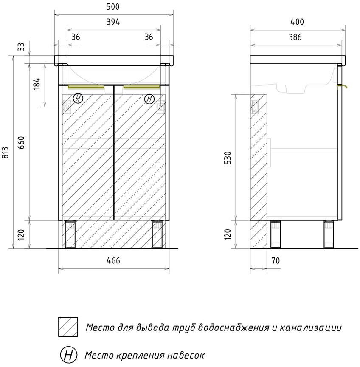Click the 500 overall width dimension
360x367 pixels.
pyautogui.click(x=113, y=7)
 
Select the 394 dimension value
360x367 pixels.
pyautogui.click(x=113, y=22)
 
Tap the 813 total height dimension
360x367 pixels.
pyautogui.click(x=5, y=152)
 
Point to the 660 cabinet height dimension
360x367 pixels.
pyautogui.click(x=21, y=143)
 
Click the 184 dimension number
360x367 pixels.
pyautogui.click(x=37, y=84)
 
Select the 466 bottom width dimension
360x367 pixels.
pyautogui.click(x=113, y=260)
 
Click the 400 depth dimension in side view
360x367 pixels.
pyautogui.click(x=297, y=22)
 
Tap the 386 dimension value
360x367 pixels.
pyautogui.click(x=295, y=37)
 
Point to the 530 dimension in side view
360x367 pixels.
pyautogui.click(x=228, y=158)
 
